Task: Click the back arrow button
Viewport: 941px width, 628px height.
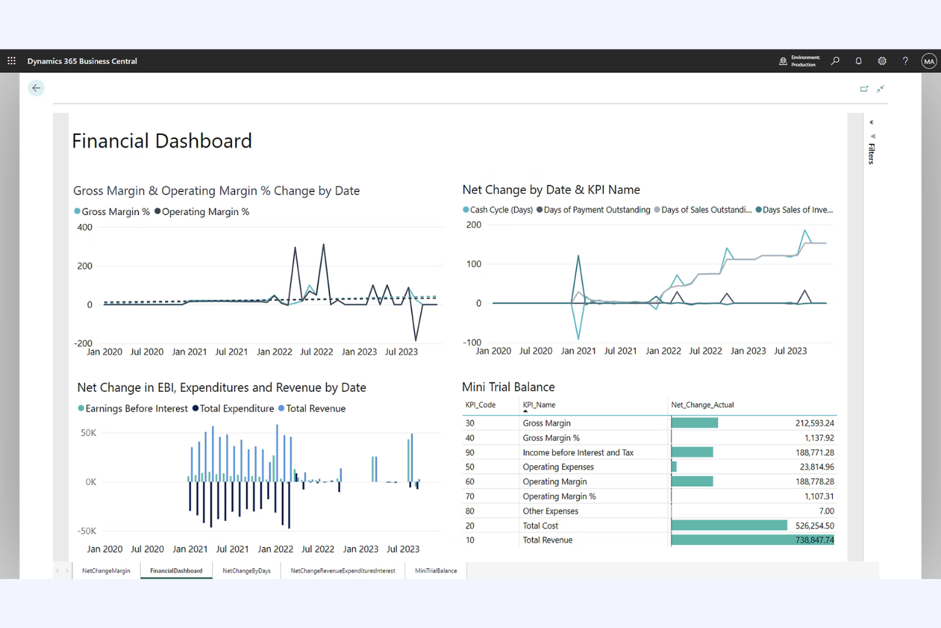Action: tap(36, 88)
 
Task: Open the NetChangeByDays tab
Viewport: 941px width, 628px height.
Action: tap(247, 571)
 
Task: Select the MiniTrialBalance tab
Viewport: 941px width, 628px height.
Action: tap(436, 571)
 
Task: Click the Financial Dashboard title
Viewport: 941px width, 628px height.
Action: tap(162, 141)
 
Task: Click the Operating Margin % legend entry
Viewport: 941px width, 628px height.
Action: tap(205, 212)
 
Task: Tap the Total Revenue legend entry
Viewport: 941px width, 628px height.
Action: tap(315, 408)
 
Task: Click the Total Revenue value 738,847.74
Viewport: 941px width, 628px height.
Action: tap(814, 540)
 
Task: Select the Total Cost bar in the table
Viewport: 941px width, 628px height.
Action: tap(729, 526)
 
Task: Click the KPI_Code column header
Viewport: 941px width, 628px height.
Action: tap(480, 405)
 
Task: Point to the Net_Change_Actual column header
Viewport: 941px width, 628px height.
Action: tap(702, 405)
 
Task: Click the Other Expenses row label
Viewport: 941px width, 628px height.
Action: tap(551, 511)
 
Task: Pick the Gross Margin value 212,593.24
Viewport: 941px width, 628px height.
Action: tap(814, 423)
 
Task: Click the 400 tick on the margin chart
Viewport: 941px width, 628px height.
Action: tap(85, 227)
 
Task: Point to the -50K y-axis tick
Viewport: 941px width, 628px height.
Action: tap(87, 531)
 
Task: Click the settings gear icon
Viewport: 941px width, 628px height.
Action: tap(882, 61)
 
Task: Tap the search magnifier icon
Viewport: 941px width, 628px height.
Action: tap(835, 61)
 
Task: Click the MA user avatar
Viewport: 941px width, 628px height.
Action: tap(929, 61)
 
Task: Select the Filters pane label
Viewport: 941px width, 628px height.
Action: tap(872, 153)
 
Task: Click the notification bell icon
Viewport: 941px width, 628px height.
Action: tap(858, 61)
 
